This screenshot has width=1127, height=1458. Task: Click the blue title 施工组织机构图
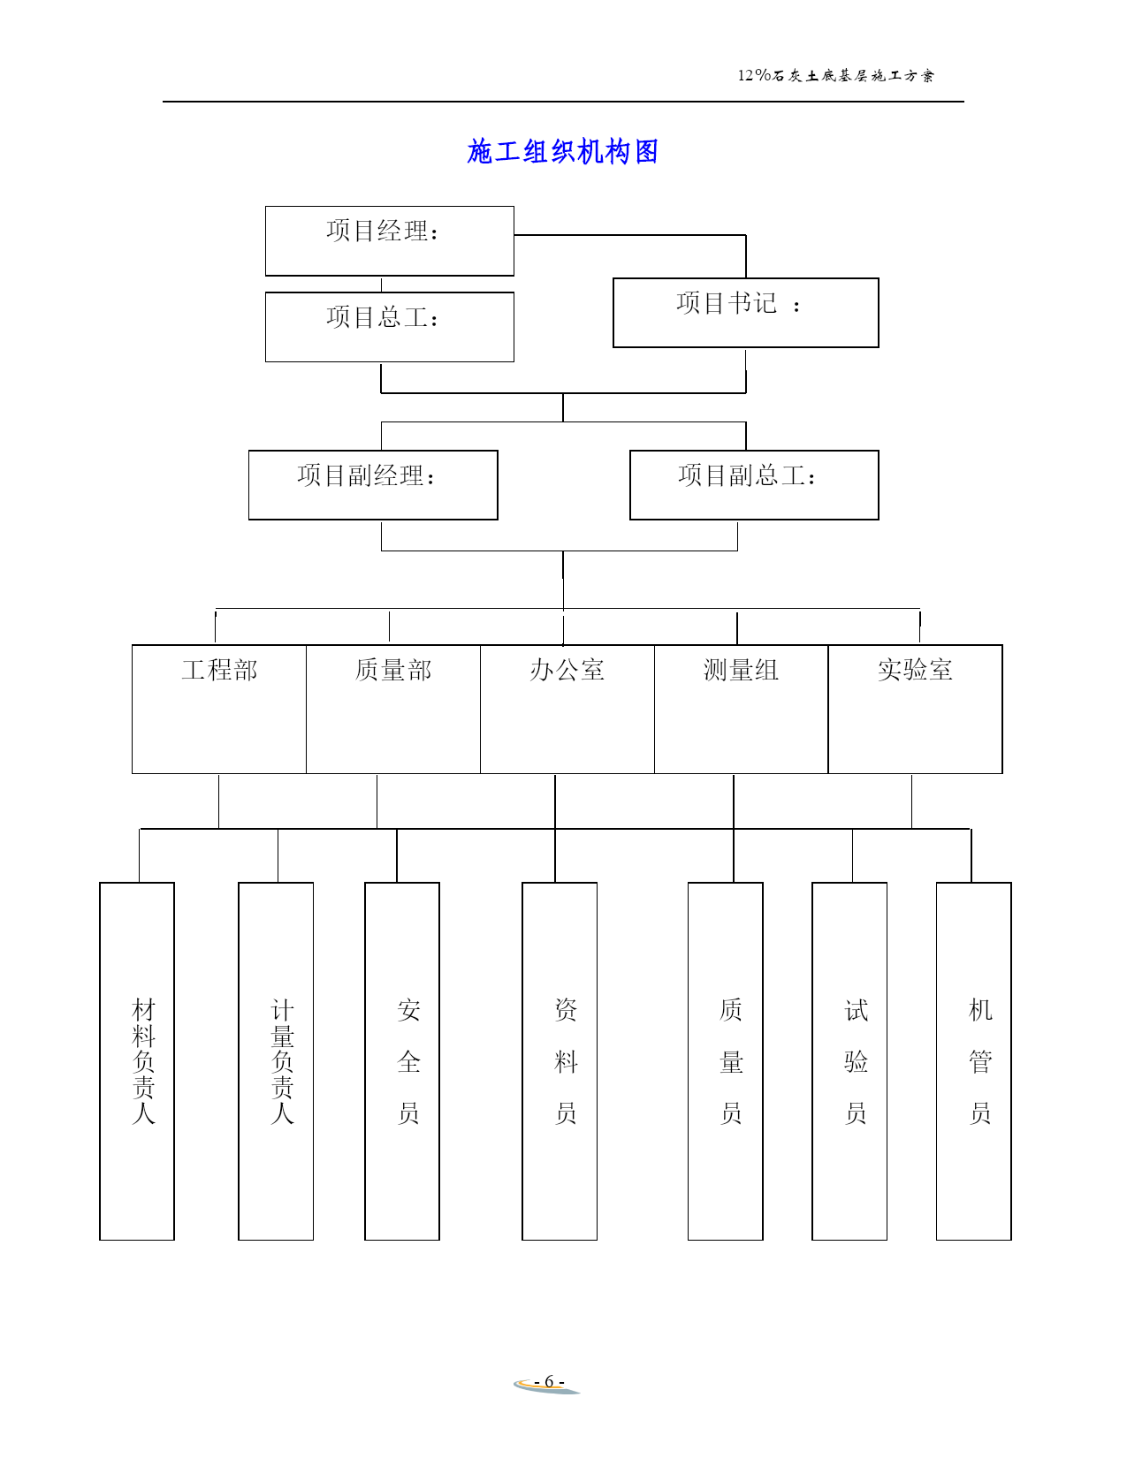click(562, 152)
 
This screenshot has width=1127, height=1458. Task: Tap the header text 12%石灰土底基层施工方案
click(835, 75)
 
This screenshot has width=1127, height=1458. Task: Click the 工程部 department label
click(219, 670)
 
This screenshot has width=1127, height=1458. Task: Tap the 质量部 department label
click(393, 670)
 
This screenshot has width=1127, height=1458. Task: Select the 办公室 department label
click(567, 670)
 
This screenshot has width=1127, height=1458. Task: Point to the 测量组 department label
click(741, 670)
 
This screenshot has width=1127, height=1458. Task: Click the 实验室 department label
click(915, 670)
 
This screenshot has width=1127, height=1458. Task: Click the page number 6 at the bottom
click(549, 1381)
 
